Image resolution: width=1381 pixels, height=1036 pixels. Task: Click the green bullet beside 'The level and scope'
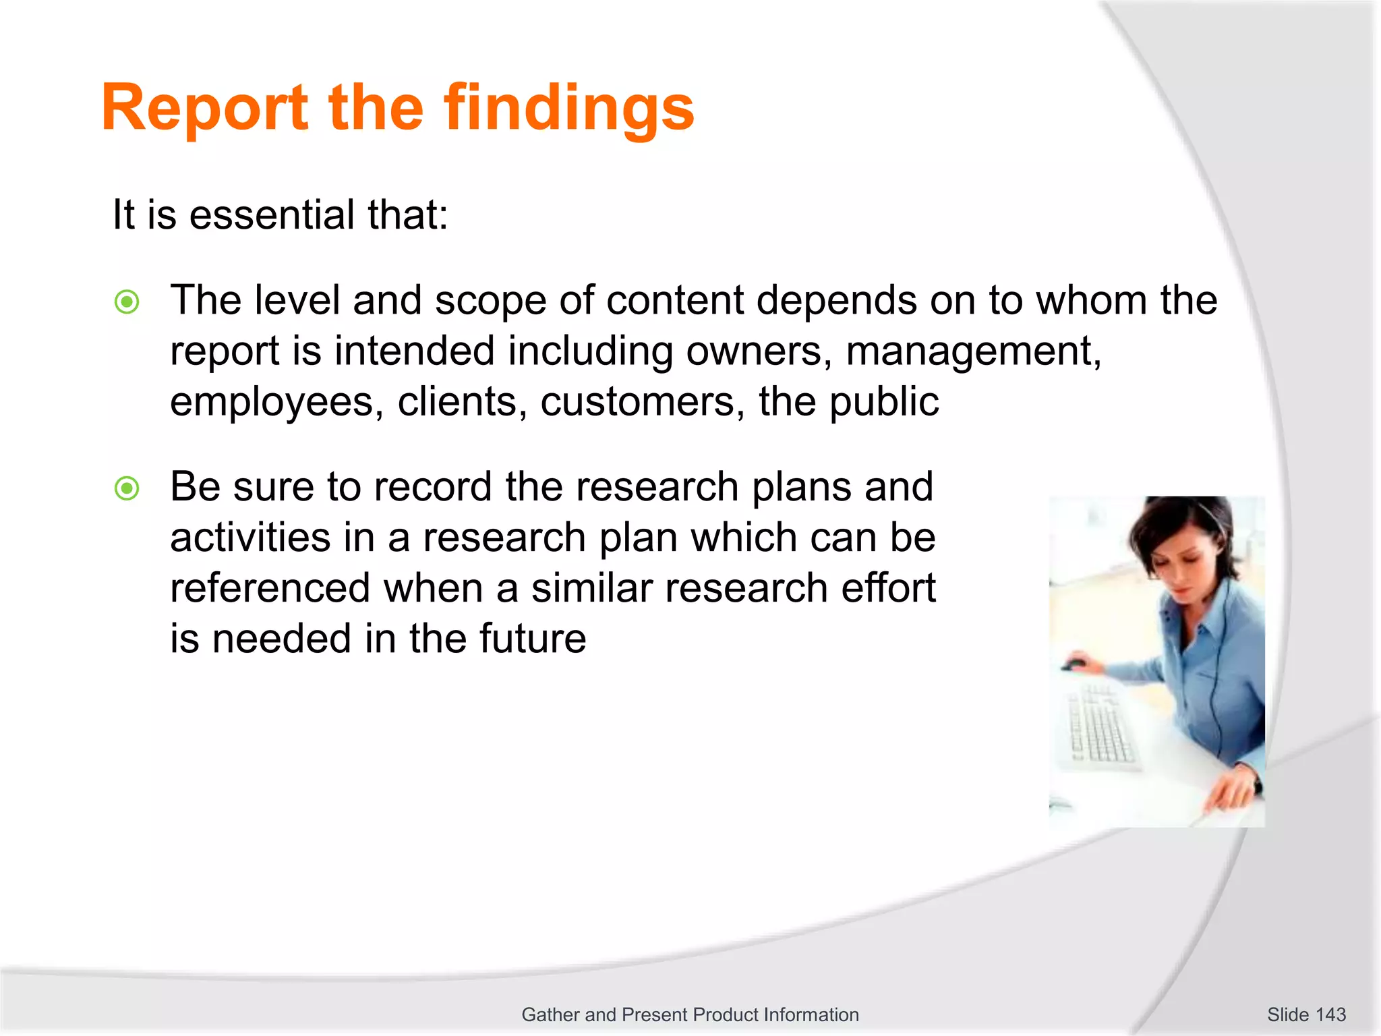point(127,301)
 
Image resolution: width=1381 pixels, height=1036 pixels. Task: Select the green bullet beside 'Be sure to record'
point(127,488)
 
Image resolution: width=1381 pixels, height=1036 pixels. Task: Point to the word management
point(973,352)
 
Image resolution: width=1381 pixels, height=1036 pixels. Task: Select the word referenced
point(270,588)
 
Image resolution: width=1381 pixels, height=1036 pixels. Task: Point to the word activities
point(250,538)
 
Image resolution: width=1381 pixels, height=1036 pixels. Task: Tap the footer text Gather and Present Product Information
point(690,1014)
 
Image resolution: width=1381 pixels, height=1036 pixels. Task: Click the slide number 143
point(1330,1014)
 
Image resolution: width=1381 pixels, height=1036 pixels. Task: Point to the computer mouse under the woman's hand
point(1074,666)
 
